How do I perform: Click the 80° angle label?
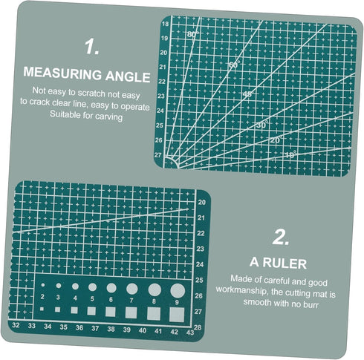pos(193,35)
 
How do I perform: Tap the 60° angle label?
pos(234,65)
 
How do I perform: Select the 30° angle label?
pos(261,125)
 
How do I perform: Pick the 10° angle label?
pos(290,154)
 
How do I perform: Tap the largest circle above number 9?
pos(177,289)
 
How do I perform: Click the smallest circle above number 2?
pos(43,285)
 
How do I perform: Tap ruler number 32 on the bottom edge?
pos(16,325)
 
